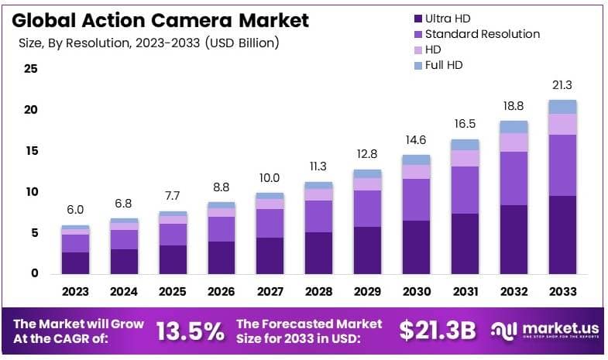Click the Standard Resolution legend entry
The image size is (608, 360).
point(482,34)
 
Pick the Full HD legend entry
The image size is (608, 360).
point(443,65)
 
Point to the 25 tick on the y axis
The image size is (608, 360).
point(31,69)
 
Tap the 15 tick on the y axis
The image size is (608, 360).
point(31,151)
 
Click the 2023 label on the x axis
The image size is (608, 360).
point(75,291)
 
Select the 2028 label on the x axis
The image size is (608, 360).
point(318,291)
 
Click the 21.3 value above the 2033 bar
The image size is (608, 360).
point(562,85)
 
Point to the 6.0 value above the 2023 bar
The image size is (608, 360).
point(75,211)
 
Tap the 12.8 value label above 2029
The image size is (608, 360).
point(367,154)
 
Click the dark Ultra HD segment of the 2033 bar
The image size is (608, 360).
point(562,235)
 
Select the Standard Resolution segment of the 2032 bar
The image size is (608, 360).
point(514,178)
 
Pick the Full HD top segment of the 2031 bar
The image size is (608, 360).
point(465,145)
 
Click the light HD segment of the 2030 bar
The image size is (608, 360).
point(416,171)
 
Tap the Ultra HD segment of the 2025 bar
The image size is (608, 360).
point(173,259)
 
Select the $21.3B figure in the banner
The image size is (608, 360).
point(437,331)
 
